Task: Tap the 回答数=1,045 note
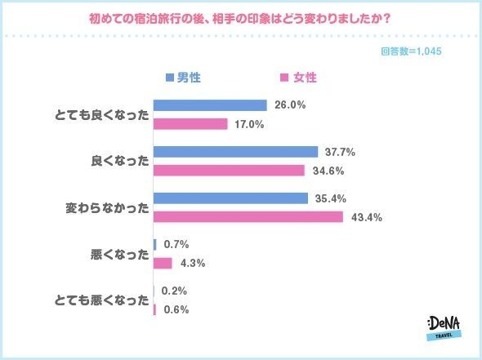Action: point(412,51)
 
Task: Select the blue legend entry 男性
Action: point(184,78)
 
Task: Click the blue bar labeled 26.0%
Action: point(210,105)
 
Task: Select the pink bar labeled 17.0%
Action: point(190,124)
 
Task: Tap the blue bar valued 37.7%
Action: point(235,152)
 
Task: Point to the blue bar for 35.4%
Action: point(230,198)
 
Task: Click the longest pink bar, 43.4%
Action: point(248,217)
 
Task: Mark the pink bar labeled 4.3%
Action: point(163,263)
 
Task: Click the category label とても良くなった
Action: point(106,115)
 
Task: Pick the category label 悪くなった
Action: point(120,254)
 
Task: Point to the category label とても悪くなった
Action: point(106,300)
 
